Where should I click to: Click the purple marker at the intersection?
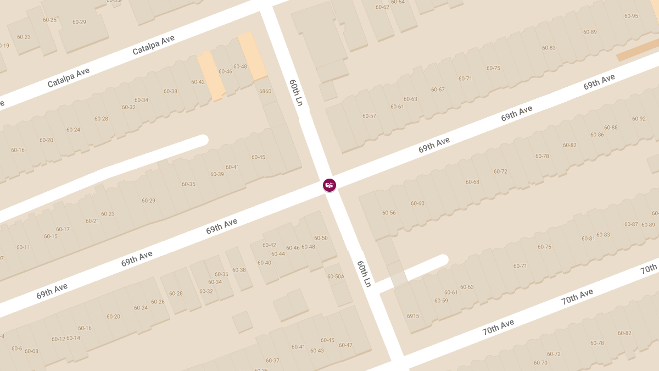[329, 186]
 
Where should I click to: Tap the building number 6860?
[265, 91]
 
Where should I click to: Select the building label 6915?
[413, 316]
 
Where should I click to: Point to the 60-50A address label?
[336, 276]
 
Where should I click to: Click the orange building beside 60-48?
[252, 55]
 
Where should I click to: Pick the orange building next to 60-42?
[211, 75]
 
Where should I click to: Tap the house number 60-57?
[369, 116]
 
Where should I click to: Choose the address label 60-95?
[631, 16]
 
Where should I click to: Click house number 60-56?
[389, 213]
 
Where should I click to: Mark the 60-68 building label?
[472, 182]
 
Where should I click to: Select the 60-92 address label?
[639, 119]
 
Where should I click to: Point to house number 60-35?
[188, 184]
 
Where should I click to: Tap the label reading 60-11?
[23, 247]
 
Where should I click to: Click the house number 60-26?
[158, 302]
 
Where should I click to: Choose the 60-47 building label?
[345, 345]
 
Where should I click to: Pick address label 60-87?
[631, 224]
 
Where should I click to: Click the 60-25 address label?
[49, 20]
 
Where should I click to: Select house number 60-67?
[438, 90]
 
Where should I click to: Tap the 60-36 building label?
[221, 274]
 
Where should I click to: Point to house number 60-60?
[417, 203]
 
